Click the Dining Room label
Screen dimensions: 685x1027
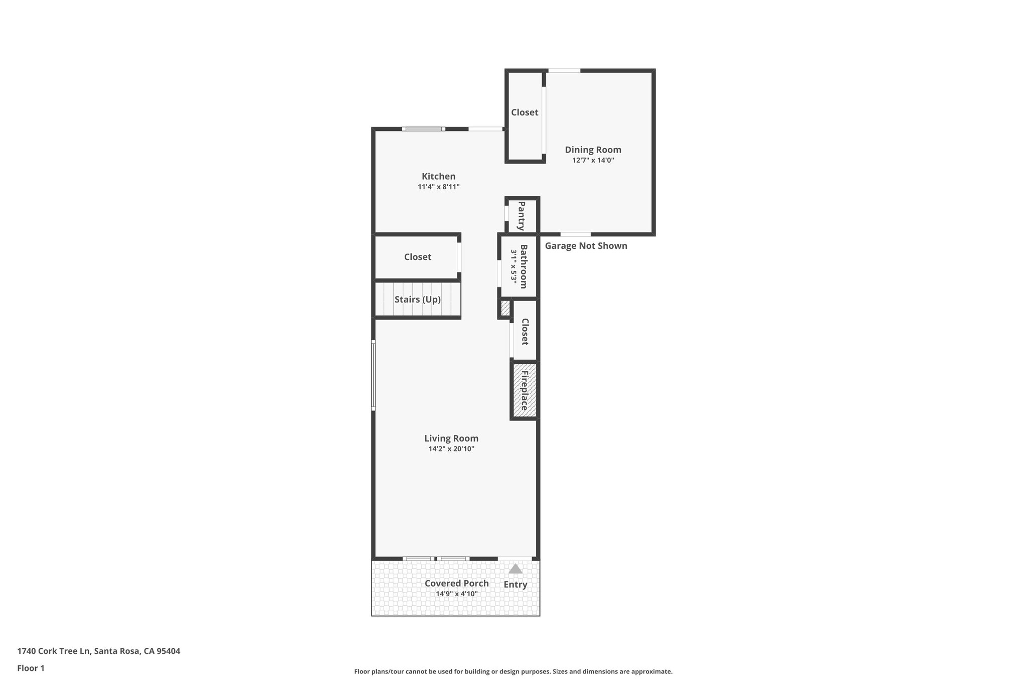coord(593,150)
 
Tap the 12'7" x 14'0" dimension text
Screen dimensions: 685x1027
coord(593,161)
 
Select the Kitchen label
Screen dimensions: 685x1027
coord(438,176)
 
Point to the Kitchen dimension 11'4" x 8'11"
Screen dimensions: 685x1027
coord(438,187)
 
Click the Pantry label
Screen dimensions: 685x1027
coord(522,216)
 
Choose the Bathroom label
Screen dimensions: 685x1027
coord(524,266)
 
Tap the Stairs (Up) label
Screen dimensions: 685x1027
coord(417,300)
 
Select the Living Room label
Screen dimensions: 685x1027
coord(451,438)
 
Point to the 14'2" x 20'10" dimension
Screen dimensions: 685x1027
coord(451,449)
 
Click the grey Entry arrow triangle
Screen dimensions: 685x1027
coord(516,569)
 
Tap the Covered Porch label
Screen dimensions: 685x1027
coord(456,583)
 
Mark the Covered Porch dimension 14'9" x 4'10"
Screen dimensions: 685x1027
coord(456,594)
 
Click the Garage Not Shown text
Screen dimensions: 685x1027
coord(586,246)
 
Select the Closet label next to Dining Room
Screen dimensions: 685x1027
coord(525,112)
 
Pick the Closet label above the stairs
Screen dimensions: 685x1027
coord(417,257)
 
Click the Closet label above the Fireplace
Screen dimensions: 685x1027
coord(525,332)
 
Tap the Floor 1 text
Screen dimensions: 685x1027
coord(31,668)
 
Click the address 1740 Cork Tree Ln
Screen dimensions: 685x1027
coord(98,651)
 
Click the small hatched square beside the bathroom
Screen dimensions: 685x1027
coord(505,308)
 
